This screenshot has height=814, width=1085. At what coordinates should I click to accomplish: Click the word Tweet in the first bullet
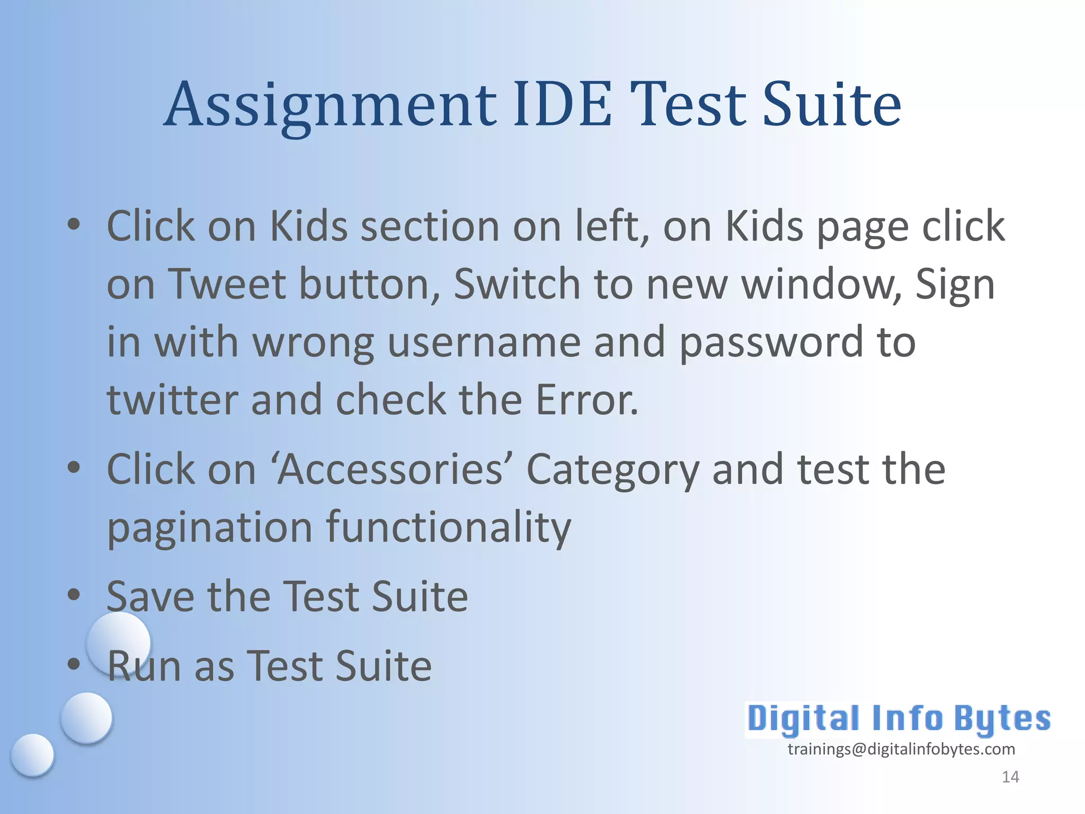227,285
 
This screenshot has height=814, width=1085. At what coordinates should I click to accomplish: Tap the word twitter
172,400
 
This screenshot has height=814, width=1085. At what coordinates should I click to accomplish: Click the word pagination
210,529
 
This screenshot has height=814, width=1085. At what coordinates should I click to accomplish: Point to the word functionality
448,529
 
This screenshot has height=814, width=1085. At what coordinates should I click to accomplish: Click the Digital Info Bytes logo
899,719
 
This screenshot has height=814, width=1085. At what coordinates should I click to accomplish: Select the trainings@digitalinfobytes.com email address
901,749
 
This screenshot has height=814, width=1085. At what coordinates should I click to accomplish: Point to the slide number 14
1010,777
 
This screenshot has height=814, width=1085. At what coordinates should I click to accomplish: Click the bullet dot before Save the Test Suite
74,594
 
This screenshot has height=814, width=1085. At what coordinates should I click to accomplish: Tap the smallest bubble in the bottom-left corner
33,755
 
